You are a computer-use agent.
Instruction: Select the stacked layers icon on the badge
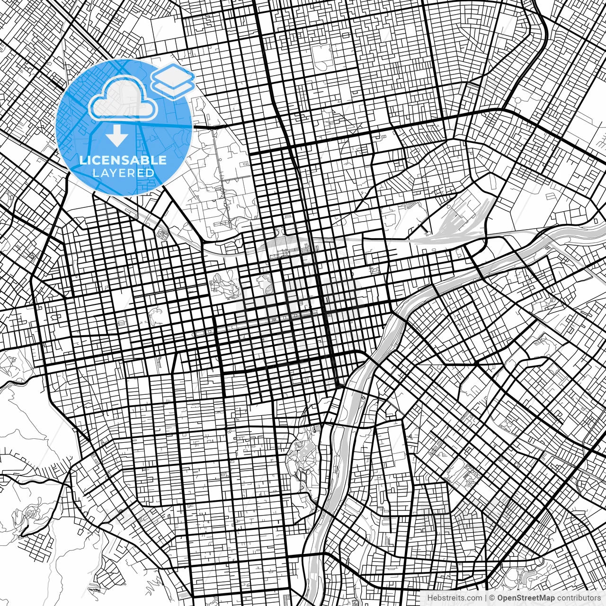173,80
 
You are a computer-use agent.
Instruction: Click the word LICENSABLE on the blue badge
123,160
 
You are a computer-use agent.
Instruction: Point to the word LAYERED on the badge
123,173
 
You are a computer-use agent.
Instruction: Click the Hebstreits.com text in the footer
454,598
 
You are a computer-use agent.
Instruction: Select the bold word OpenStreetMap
526,598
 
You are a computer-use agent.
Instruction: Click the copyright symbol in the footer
492,598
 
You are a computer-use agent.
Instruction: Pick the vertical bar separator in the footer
486,598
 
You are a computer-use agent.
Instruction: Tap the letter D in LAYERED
150,173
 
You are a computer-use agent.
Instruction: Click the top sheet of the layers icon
173,73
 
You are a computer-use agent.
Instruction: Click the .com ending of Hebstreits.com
474,598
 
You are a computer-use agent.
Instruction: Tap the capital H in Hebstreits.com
430,598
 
